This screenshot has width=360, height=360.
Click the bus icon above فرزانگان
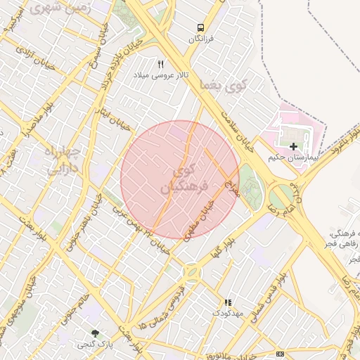[201, 27]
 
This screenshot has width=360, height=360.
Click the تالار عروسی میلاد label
[160, 75]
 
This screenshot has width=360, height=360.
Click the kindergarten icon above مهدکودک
[227, 302]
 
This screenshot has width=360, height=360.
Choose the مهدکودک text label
[227, 311]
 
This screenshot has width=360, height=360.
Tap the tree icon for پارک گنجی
[95, 332]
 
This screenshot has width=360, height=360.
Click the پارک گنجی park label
[95, 343]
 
